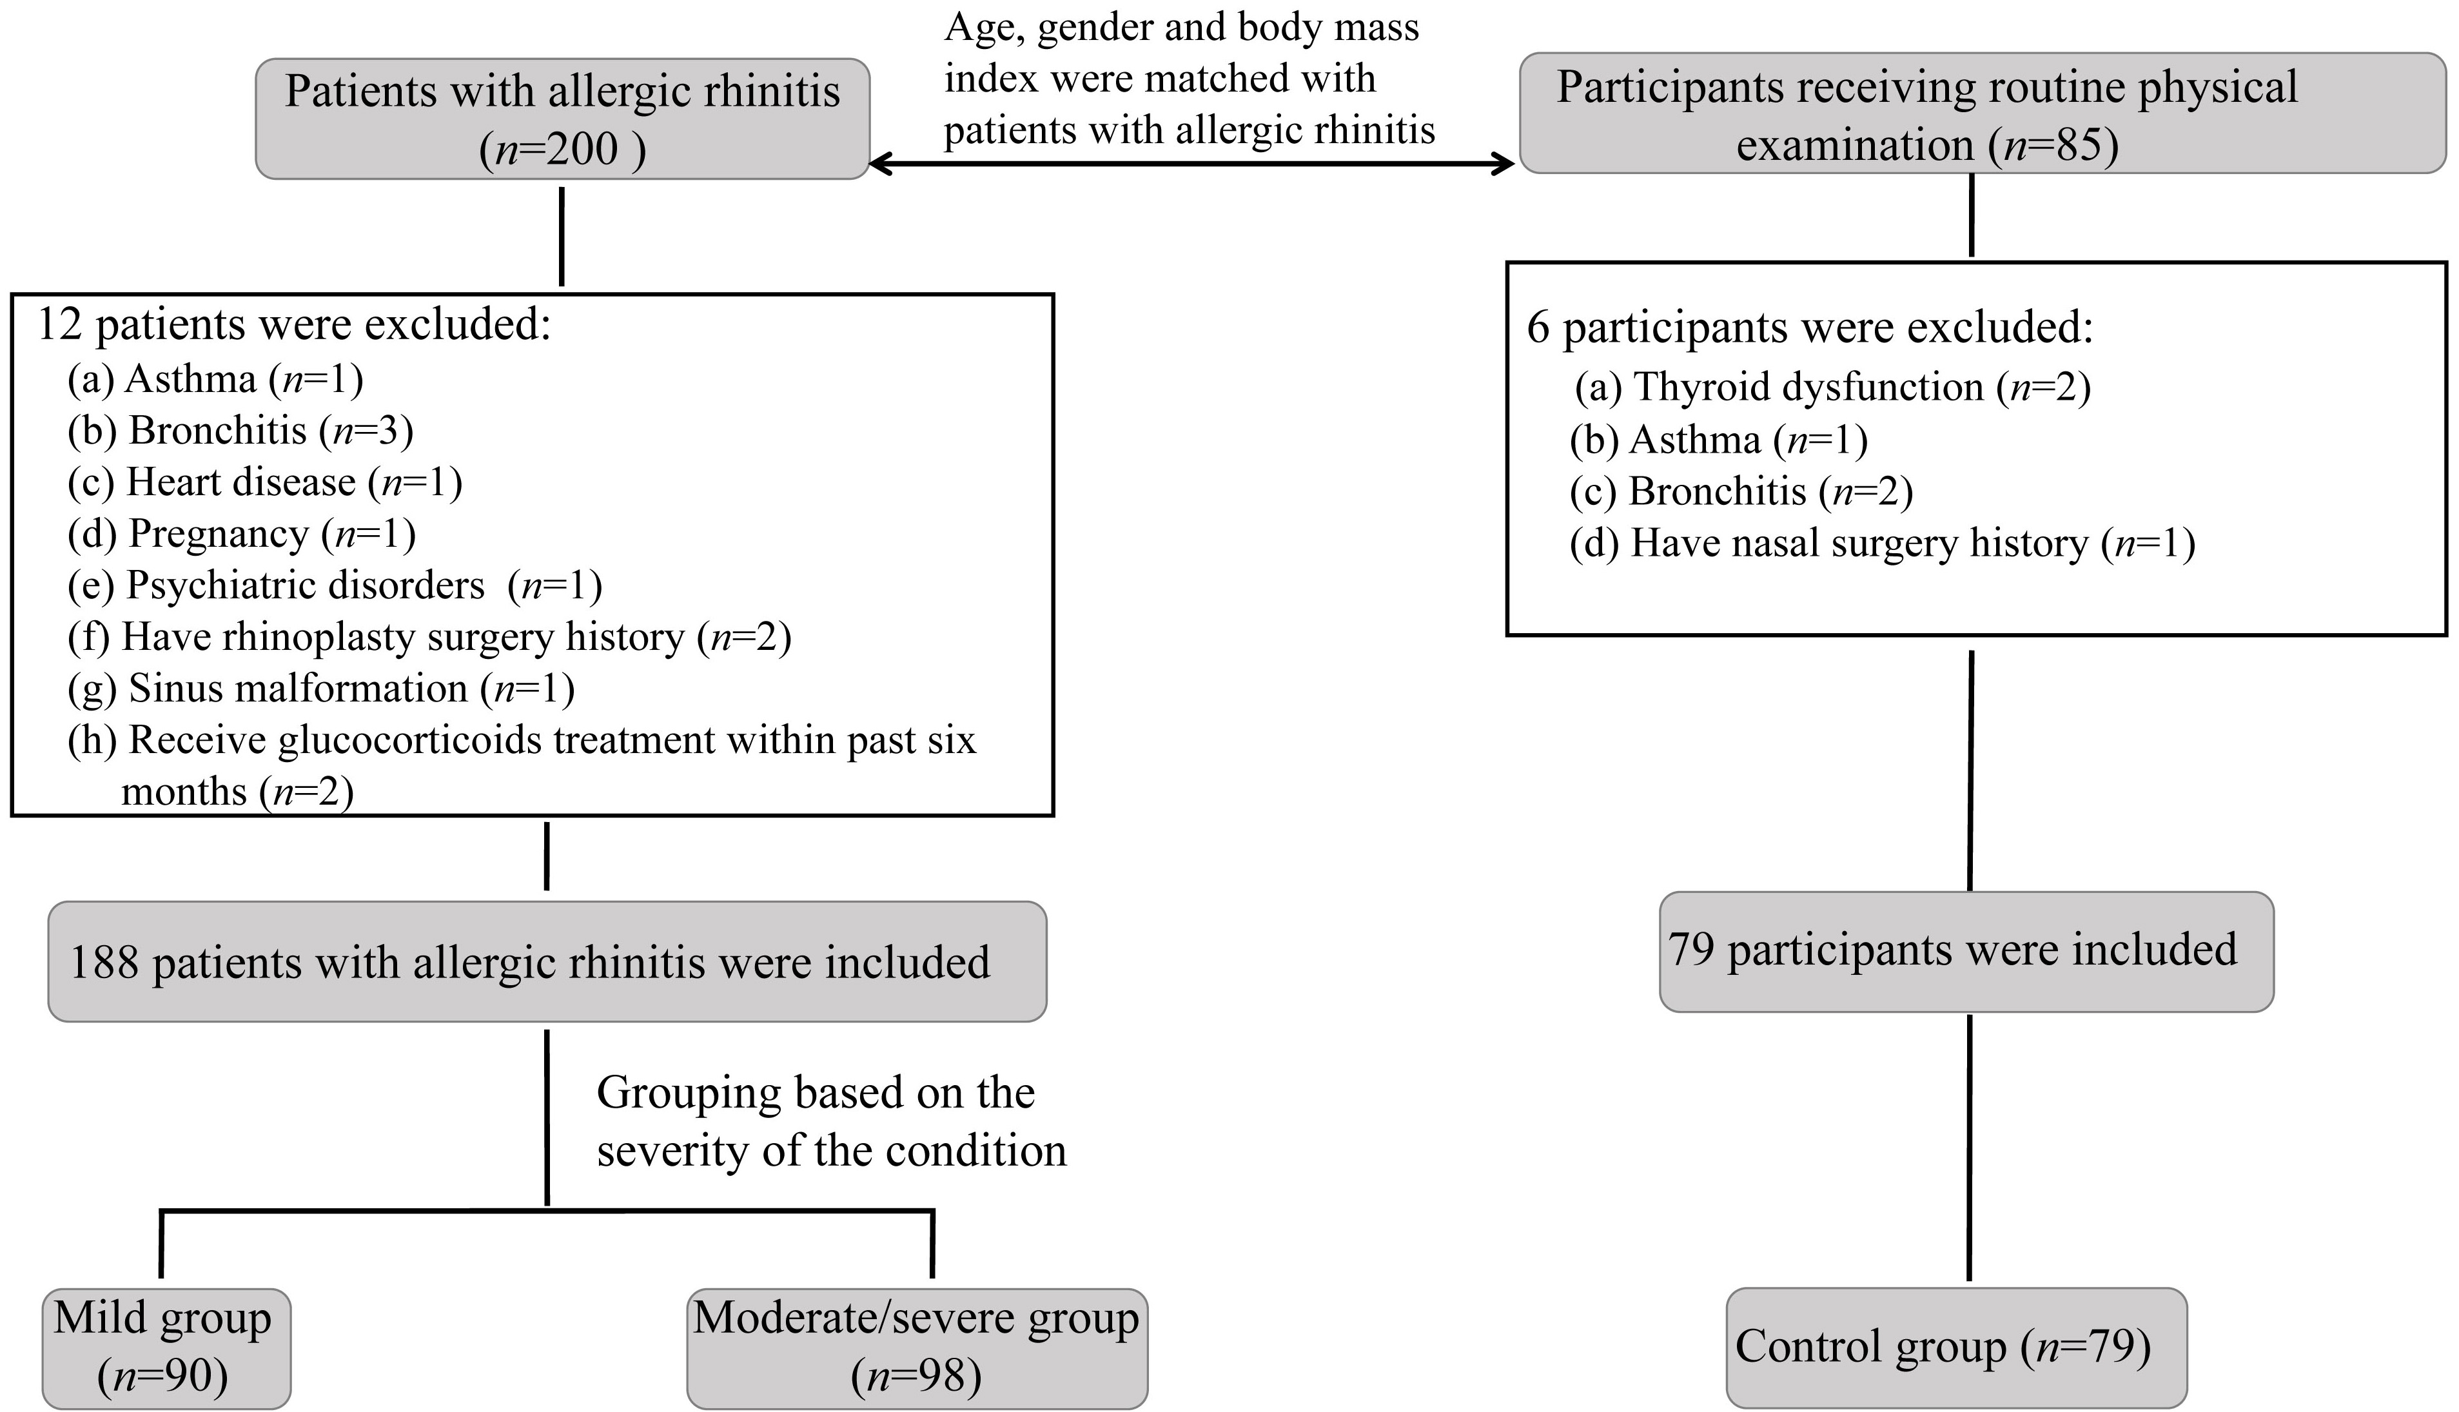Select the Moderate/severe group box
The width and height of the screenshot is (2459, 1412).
(917, 1348)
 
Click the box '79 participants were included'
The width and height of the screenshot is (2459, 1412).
(1966, 952)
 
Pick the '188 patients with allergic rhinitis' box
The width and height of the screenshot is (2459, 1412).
(547, 962)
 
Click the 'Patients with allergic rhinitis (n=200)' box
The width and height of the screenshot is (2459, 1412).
(562, 119)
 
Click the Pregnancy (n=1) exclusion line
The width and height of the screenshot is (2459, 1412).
(241, 533)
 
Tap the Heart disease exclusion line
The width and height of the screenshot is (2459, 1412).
(265, 482)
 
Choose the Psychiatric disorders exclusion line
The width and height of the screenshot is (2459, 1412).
(335, 585)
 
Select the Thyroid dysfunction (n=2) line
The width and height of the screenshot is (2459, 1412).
(1832, 387)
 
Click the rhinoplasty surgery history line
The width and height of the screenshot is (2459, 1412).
(429, 637)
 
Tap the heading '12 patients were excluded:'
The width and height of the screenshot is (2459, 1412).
(294, 325)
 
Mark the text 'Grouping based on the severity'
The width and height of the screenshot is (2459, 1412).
(832, 1121)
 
